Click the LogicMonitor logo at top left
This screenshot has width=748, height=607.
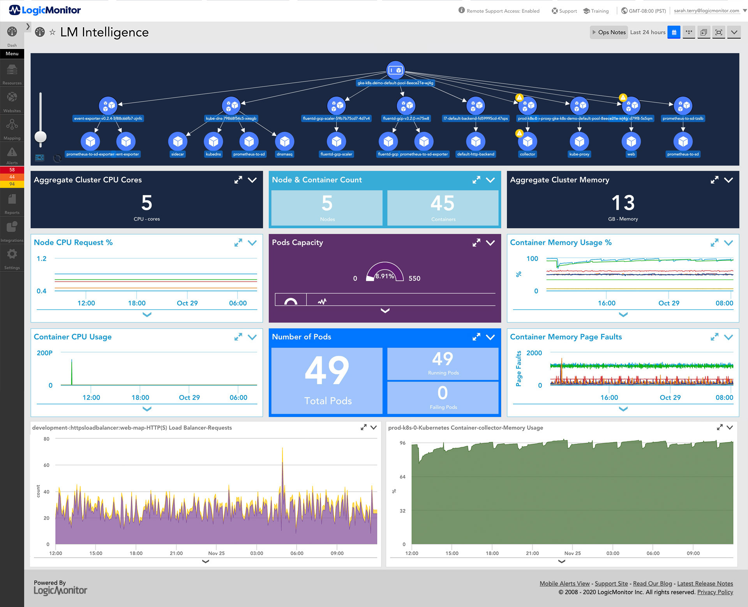[45, 10]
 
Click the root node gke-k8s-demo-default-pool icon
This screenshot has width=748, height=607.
[395, 71]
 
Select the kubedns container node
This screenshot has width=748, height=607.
[213, 142]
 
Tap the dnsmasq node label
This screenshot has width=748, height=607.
[284, 154]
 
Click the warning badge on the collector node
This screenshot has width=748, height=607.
[519, 134]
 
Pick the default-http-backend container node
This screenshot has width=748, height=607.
[476, 142]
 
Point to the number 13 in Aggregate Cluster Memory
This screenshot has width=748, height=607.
[623, 203]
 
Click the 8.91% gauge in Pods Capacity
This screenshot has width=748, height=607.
[385, 273]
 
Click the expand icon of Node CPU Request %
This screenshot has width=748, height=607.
[238, 243]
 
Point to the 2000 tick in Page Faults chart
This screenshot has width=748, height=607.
[534, 353]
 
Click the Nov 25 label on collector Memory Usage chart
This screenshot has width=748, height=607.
[572, 553]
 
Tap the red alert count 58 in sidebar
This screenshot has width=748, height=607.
[12, 170]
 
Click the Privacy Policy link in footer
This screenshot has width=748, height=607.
[715, 592]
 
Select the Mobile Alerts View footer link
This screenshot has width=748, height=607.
[564, 584]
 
